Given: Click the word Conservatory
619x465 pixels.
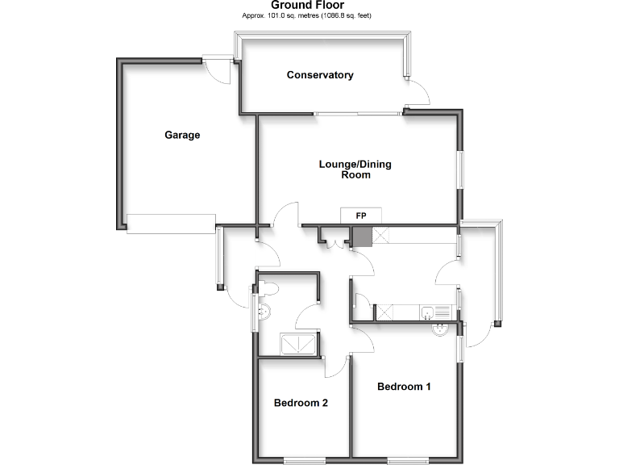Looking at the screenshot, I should [x=320, y=75].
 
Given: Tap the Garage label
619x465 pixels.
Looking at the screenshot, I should [x=182, y=135].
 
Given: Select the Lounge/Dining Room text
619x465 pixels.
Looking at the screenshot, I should [x=355, y=169].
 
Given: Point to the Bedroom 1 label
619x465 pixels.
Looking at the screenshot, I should [x=404, y=387].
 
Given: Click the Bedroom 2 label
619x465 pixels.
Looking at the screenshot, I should [x=300, y=403].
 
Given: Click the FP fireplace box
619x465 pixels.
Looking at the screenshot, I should [x=361, y=216].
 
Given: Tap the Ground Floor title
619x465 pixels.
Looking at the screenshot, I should [x=309, y=5].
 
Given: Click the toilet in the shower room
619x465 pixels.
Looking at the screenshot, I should [x=267, y=289].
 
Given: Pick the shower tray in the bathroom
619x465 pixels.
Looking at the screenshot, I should [x=299, y=344].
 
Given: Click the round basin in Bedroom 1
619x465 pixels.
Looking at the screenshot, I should [x=442, y=329].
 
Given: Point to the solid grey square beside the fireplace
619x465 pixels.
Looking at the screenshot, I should [x=361, y=236].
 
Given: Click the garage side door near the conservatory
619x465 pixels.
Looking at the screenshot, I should [x=218, y=68].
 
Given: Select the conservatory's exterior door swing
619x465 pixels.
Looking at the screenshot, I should [x=417, y=94].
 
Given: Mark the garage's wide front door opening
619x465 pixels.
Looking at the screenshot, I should [x=170, y=222].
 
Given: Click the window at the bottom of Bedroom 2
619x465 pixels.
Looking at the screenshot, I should [x=304, y=460].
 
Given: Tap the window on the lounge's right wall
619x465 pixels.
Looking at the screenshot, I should [x=462, y=170].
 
